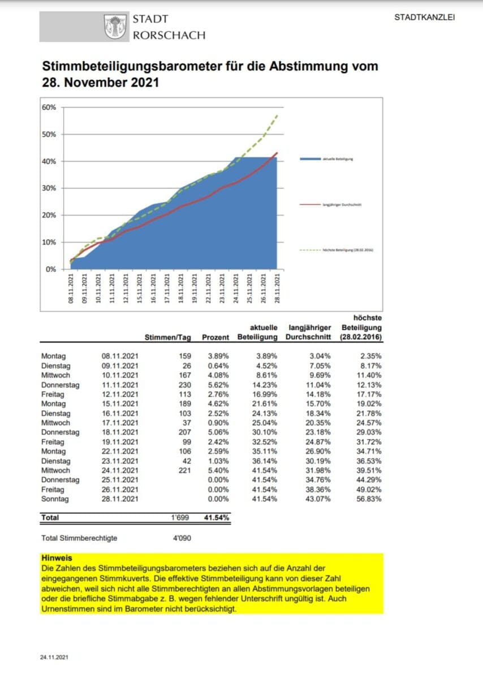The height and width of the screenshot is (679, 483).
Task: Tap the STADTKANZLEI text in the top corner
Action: coord(424,17)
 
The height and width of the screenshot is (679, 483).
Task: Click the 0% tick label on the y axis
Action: coord(50,269)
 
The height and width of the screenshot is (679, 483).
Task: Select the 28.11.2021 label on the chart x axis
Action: coord(277,289)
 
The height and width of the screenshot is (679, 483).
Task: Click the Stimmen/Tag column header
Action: coord(169,337)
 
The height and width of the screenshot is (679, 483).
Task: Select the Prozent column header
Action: coord(215,337)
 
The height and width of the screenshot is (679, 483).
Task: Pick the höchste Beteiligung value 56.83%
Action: coord(370,498)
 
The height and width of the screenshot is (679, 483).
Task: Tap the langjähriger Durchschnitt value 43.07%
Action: coord(319,498)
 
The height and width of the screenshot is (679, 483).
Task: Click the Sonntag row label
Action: coord(54,498)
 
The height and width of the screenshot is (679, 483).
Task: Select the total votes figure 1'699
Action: coord(181,517)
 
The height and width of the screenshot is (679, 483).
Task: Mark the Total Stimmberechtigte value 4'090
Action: coord(181,538)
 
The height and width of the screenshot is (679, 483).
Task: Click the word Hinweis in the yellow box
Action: coord(57,558)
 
